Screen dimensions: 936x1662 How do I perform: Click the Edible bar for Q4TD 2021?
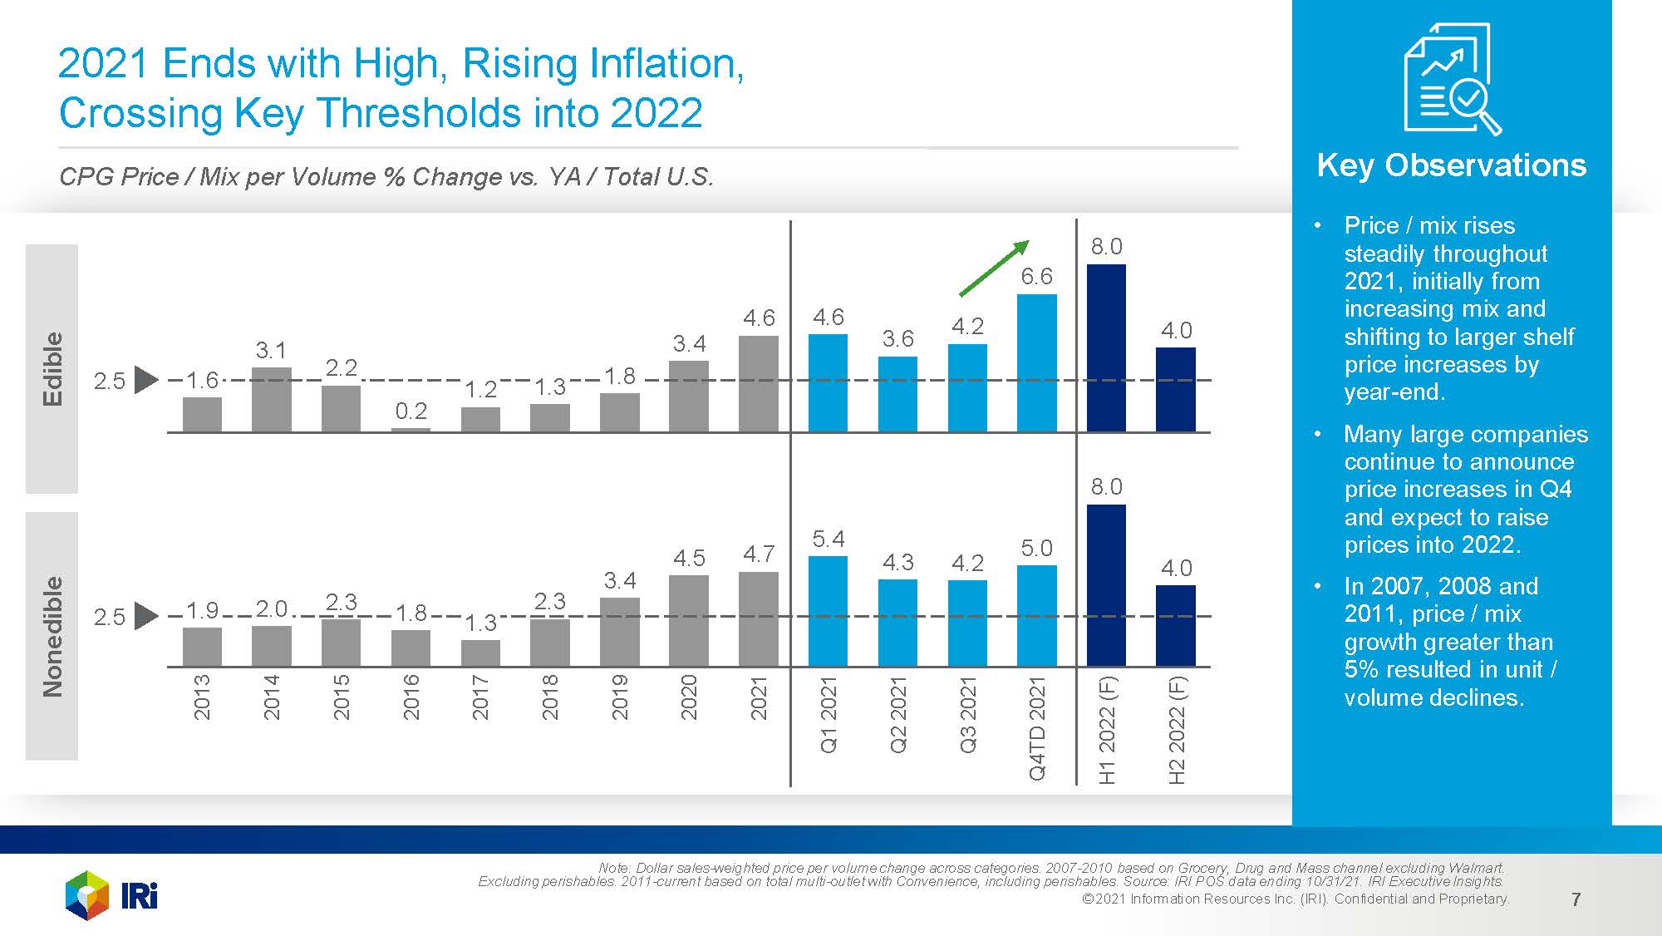pos(1036,363)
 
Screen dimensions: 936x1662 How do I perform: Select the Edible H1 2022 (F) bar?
pos(1106,348)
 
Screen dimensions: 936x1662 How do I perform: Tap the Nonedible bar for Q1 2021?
pos(828,611)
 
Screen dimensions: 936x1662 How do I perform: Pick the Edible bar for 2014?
pos(271,400)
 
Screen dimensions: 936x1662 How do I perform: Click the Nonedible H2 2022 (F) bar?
pos(1175,626)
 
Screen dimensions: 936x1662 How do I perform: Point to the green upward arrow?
pos(994,268)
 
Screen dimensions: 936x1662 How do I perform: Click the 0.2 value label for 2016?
pos(411,411)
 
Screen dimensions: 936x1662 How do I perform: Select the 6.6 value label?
pos(1036,277)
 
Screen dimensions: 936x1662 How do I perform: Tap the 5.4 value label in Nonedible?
pos(828,539)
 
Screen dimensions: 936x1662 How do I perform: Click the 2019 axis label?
pos(620,697)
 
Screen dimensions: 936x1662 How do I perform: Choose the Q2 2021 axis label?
pos(898,715)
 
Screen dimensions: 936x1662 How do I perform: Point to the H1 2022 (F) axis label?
pos(1107,731)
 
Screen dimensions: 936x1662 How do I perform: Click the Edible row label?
pos(52,369)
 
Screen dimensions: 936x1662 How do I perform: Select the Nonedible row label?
pos(52,636)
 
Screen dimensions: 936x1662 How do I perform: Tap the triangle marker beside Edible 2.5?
pos(145,380)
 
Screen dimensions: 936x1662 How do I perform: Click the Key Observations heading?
pos(1451,165)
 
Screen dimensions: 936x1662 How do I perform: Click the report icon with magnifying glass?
pos(1451,79)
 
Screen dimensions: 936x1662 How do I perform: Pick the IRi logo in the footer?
pos(111,895)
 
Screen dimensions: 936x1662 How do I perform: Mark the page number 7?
pos(1576,899)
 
